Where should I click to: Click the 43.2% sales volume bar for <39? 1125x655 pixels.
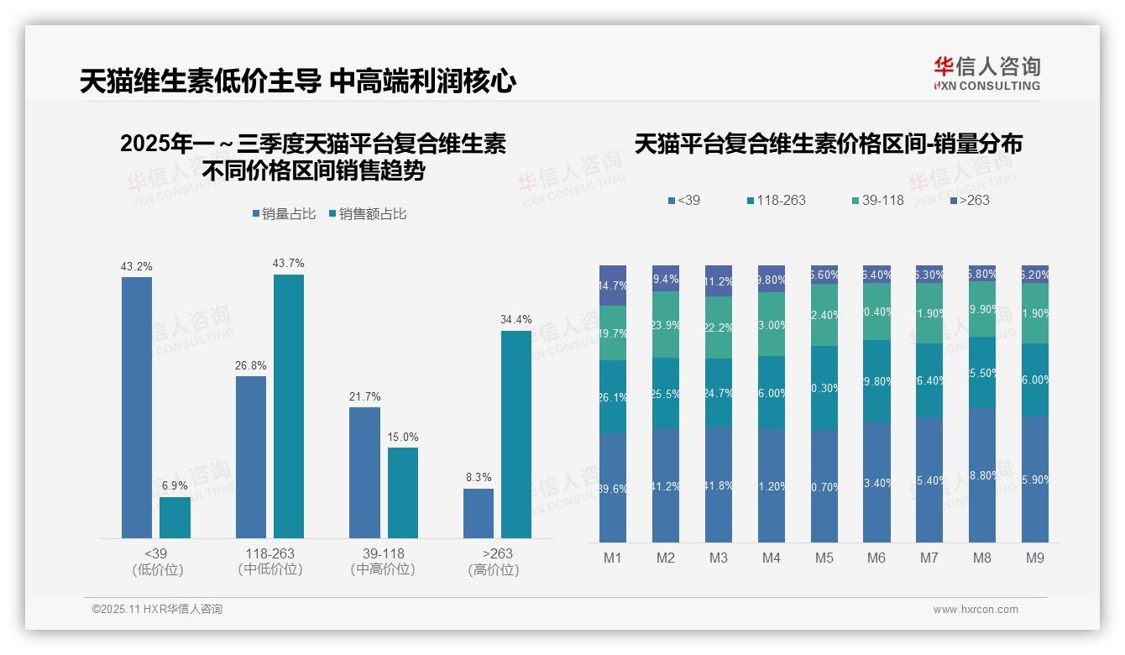pos(137,407)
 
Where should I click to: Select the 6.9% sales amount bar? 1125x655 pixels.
pos(175,517)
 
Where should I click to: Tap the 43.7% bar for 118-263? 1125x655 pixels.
pos(289,406)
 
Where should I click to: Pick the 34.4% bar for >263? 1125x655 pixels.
pos(516,434)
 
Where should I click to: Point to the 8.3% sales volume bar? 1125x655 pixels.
pos(479,513)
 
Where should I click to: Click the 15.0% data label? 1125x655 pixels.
pos(403,438)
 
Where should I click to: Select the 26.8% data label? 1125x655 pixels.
pos(251,366)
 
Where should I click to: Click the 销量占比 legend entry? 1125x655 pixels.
pos(284,214)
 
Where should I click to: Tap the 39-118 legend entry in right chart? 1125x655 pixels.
pos(877,200)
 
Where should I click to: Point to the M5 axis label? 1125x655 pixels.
pos(824,558)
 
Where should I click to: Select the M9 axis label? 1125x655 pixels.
pos(1035,558)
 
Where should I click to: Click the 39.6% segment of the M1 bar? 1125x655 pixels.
pos(613,488)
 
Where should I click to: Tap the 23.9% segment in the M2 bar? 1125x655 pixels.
pos(666,325)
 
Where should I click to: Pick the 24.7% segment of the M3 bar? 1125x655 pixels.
pos(719,393)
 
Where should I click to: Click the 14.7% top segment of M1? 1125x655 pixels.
pos(613,286)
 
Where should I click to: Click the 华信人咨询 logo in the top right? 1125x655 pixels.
pos(987,73)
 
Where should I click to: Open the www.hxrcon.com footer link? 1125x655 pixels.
pos(976,610)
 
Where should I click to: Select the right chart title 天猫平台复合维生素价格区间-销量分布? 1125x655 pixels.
pos(828,144)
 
